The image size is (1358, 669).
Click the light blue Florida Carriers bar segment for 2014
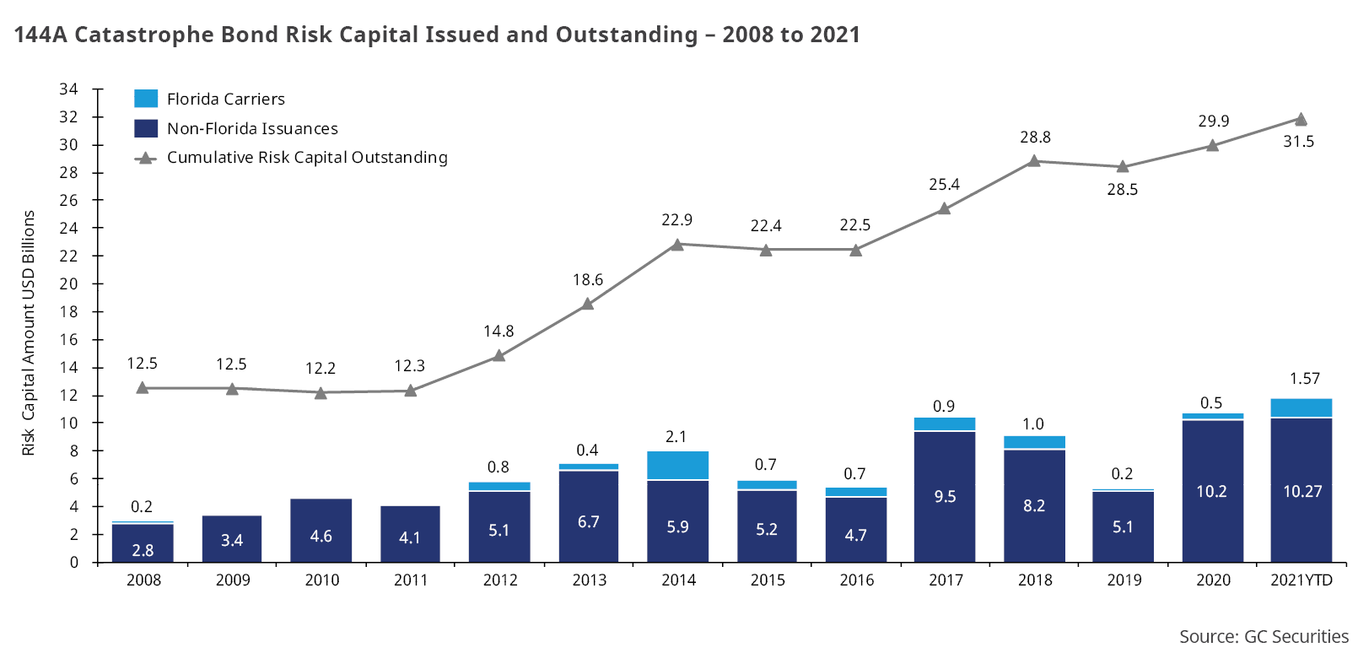click(x=677, y=466)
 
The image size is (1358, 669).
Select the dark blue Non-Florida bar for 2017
click(x=944, y=497)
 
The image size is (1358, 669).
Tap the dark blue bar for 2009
click(x=232, y=539)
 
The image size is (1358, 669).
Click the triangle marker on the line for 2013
click(x=588, y=304)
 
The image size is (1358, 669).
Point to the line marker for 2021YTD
click(x=1301, y=120)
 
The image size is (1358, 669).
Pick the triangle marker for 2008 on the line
click(x=143, y=387)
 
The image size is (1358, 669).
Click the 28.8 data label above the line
click(x=1035, y=138)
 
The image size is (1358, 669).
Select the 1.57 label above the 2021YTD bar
click(x=1304, y=379)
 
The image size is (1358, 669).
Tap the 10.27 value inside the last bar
click(x=1302, y=491)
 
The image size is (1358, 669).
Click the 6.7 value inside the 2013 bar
click(x=588, y=522)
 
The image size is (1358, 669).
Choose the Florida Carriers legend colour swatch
click(x=146, y=99)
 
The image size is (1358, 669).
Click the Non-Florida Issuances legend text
click(x=252, y=128)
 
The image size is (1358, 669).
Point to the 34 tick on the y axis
click(x=68, y=89)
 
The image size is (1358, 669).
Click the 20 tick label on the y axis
click(x=68, y=283)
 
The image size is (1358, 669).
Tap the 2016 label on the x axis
click(x=856, y=580)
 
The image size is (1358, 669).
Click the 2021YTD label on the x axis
click(x=1301, y=580)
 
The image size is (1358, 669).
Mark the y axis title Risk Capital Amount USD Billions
click(x=29, y=332)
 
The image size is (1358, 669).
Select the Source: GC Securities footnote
click(x=1264, y=637)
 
